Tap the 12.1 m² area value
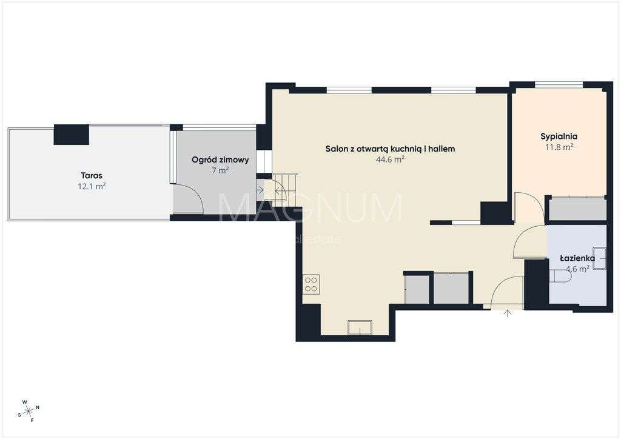(88, 187)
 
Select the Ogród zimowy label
(220, 160)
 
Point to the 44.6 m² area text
(390, 160)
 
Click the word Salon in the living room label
(336, 149)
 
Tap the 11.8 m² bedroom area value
(559, 147)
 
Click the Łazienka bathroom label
(576, 259)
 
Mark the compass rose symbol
(29, 411)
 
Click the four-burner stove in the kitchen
(312, 284)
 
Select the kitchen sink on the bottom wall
(360, 327)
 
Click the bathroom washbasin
(599, 258)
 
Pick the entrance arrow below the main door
(508, 313)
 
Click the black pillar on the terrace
(72, 135)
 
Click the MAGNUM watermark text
(310, 208)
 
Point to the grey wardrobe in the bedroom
(577, 209)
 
